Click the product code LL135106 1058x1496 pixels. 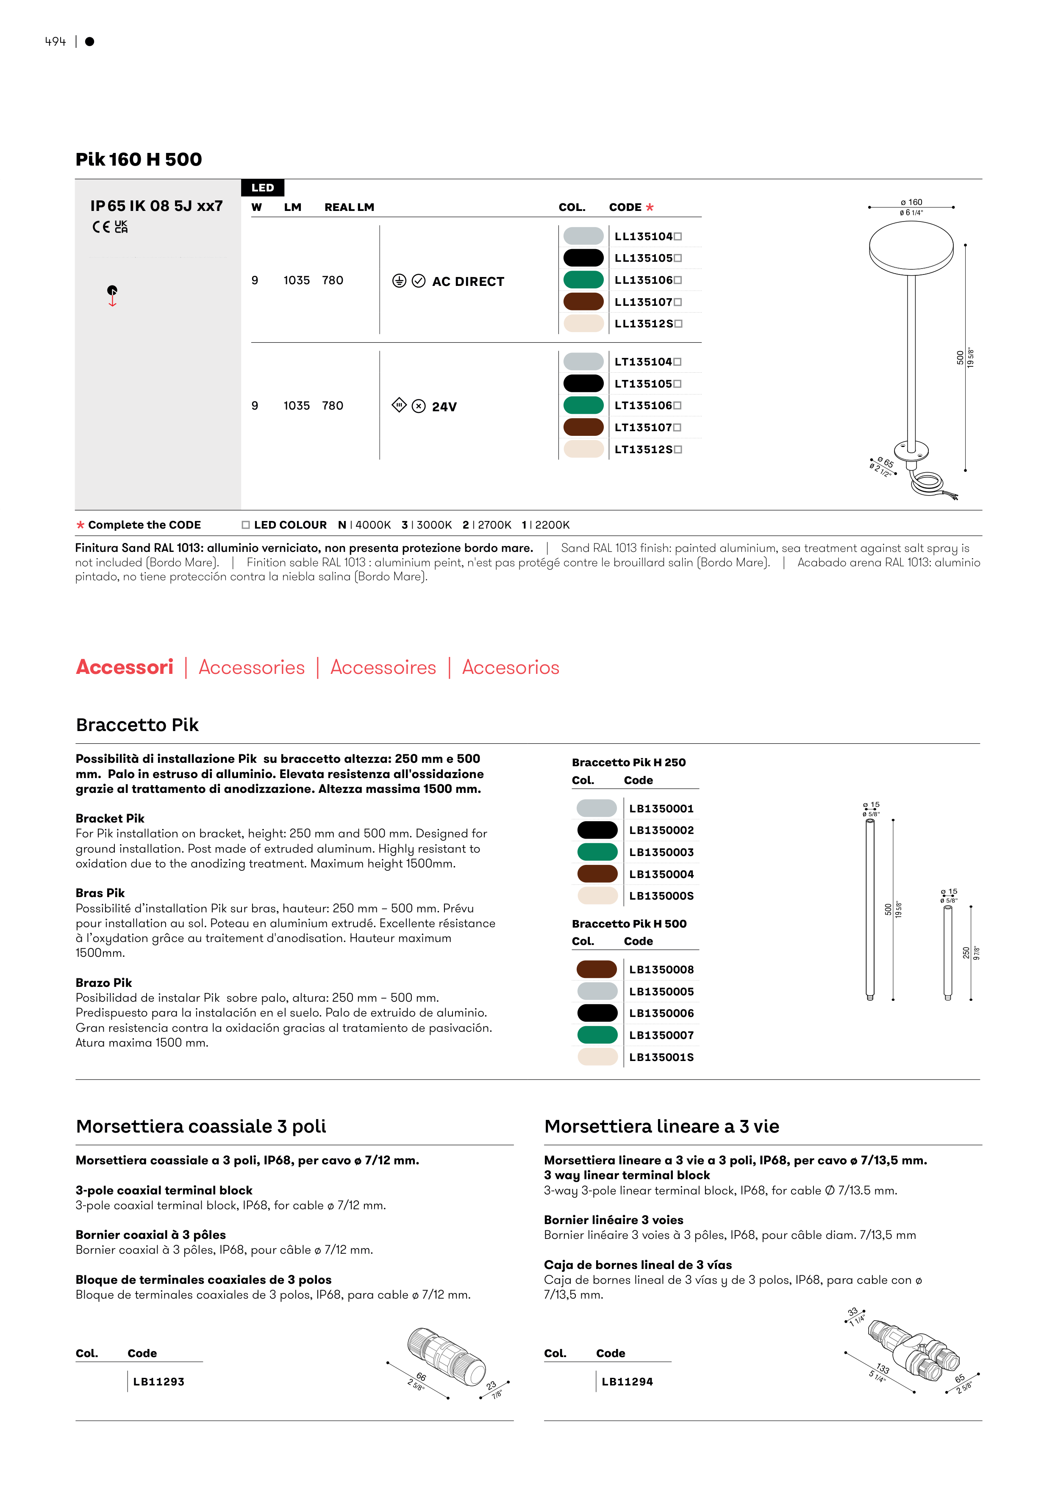click(x=644, y=280)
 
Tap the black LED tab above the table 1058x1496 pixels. click(x=263, y=188)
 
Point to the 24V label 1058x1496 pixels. click(x=444, y=407)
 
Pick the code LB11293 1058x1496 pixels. click(x=158, y=1381)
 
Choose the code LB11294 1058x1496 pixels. click(x=627, y=1381)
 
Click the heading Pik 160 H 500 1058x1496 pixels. click(x=139, y=160)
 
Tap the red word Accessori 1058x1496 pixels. click(x=125, y=667)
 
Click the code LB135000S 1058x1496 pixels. click(x=661, y=896)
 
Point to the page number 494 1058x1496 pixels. click(x=56, y=42)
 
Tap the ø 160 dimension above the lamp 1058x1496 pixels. click(x=911, y=202)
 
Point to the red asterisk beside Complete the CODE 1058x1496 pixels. click(x=80, y=525)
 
